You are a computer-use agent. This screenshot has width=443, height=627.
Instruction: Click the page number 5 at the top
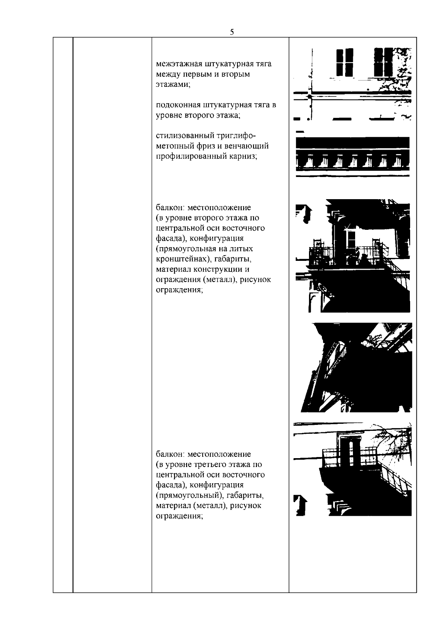(232, 32)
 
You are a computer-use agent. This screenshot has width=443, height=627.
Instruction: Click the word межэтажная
(179, 64)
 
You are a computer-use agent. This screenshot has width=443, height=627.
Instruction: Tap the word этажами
(173, 85)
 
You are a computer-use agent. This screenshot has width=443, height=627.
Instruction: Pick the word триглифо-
(236, 136)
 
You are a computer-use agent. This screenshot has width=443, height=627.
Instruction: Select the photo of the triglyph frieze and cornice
(353, 154)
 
